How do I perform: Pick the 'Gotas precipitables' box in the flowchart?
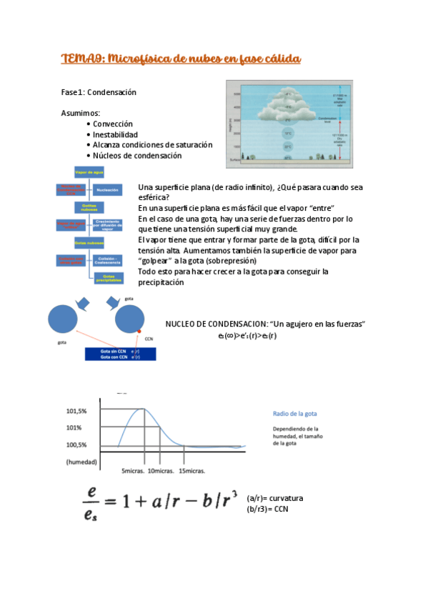click(109, 278)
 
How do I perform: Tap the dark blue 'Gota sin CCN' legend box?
click(119, 354)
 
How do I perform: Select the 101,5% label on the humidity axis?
click(76, 411)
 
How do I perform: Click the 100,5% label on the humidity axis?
click(76, 445)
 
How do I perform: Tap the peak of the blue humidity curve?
click(144, 408)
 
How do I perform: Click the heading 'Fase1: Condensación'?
click(99, 93)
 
